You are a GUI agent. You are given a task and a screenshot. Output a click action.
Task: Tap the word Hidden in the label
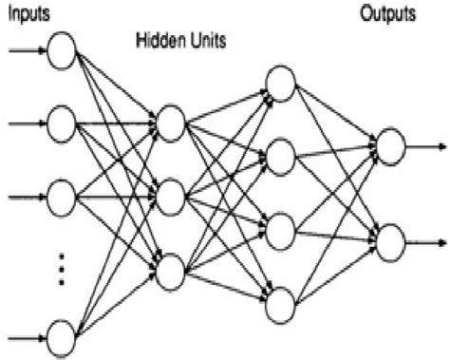click(x=159, y=42)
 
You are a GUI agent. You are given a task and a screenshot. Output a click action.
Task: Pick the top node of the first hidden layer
click(x=171, y=123)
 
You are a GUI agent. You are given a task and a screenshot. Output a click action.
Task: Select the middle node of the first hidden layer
click(x=171, y=197)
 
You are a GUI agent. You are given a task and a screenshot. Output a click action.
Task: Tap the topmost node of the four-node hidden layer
click(x=281, y=82)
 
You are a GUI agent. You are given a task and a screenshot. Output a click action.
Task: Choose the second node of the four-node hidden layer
click(x=281, y=155)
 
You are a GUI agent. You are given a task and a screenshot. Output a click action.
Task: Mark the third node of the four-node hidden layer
click(x=281, y=230)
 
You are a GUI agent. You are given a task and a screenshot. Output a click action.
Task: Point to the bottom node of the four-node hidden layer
click(x=281, y=303)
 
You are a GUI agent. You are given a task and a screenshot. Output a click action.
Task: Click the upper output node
click(x=390, y=144)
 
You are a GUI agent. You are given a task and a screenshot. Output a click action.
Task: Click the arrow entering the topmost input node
click(x=24, y=50)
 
